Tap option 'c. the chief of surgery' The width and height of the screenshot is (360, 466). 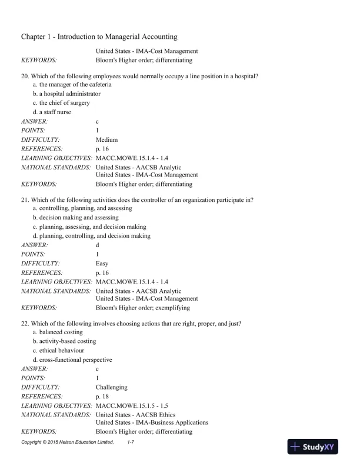click(61, 103)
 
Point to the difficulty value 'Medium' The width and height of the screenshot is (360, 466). click(106, 139)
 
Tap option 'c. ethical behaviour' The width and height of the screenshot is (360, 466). click(61, 351)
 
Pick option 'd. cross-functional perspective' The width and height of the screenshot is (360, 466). click(72, 360)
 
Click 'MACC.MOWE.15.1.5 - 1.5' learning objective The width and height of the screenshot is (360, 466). click(132, 406)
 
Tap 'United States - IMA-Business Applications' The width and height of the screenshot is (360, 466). click(152, 422)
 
